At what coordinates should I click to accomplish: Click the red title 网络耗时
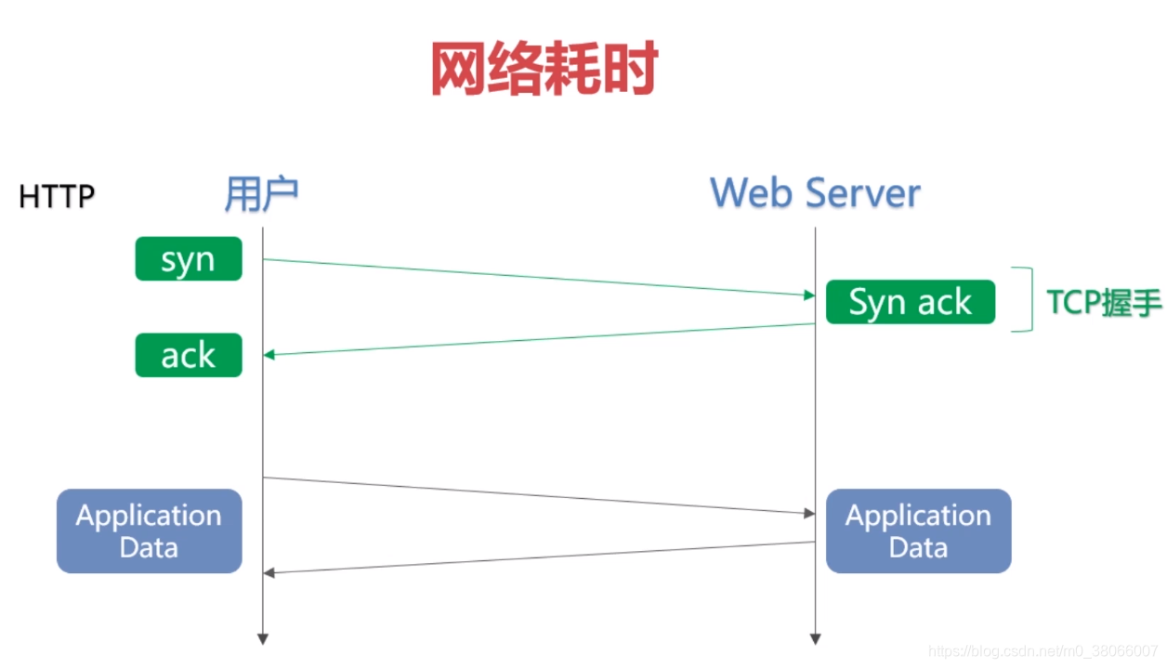tap(544, 68)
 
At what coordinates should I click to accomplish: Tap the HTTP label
tap(57, 197)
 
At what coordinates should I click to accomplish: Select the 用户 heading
tap(261, 194)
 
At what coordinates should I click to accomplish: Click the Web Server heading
tap(815, 192)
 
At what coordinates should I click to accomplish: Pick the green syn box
tap(189, 259)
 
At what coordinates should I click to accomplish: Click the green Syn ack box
tap(910, 302)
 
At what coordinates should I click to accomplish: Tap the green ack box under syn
tap(189, 355)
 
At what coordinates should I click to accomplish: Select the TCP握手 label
tap(1104, 302)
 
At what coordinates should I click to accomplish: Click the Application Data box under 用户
tap(149, 530)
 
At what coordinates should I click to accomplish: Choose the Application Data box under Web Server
tap(918, 530)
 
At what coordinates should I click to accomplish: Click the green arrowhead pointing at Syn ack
tap(809, 295)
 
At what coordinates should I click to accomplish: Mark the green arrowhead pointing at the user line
tap(269, 354)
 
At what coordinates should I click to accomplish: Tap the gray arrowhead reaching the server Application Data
tap(809, 513)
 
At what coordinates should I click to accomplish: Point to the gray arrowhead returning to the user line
tap(269, 571)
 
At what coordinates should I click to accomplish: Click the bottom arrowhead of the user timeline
tap(263, 638)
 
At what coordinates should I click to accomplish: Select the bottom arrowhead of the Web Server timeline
tap(816, 638)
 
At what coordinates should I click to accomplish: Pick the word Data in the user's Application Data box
tap(149, 547)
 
